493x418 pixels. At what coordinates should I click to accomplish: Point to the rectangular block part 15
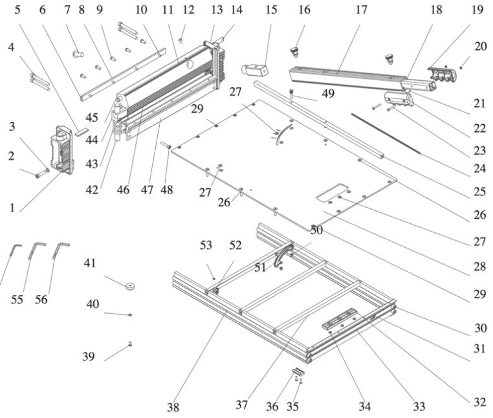pos(254,68)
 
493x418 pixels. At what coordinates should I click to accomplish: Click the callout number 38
pos(173,407)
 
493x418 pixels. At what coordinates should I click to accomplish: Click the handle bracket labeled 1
pos(62,150)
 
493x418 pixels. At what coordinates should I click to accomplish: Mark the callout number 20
pos(479,46)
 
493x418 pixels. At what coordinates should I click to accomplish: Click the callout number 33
pos(419,406)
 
